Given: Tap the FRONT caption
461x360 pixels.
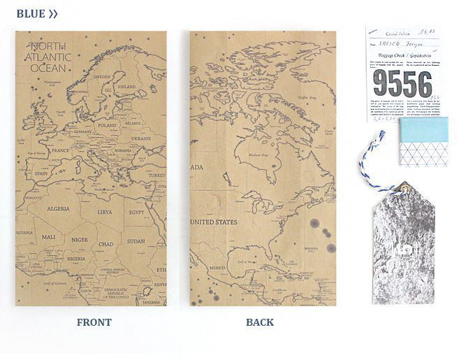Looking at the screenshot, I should [x=94, y=322].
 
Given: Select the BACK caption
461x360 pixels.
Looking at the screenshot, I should [x=260, y=322].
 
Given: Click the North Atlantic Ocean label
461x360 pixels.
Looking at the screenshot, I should [x=47, y=58].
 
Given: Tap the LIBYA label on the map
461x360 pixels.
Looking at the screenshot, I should [x=104, y=211].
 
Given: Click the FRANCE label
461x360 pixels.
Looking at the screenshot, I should [x=61, y=150].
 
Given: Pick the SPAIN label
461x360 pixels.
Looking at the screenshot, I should [x=40, y=174].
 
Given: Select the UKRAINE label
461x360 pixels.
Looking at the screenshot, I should [x=140, y=138].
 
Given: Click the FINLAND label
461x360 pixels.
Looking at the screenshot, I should [x=127, y=87].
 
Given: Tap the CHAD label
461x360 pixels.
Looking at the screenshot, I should [x=105, y=244].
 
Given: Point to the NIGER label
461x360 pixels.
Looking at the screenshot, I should [x=79, y=240].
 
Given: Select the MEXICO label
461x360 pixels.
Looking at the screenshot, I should [x=217, y=268].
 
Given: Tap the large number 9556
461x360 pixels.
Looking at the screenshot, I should [x=402, y=83].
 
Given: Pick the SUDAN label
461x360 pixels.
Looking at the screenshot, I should [x=136, y=241].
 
